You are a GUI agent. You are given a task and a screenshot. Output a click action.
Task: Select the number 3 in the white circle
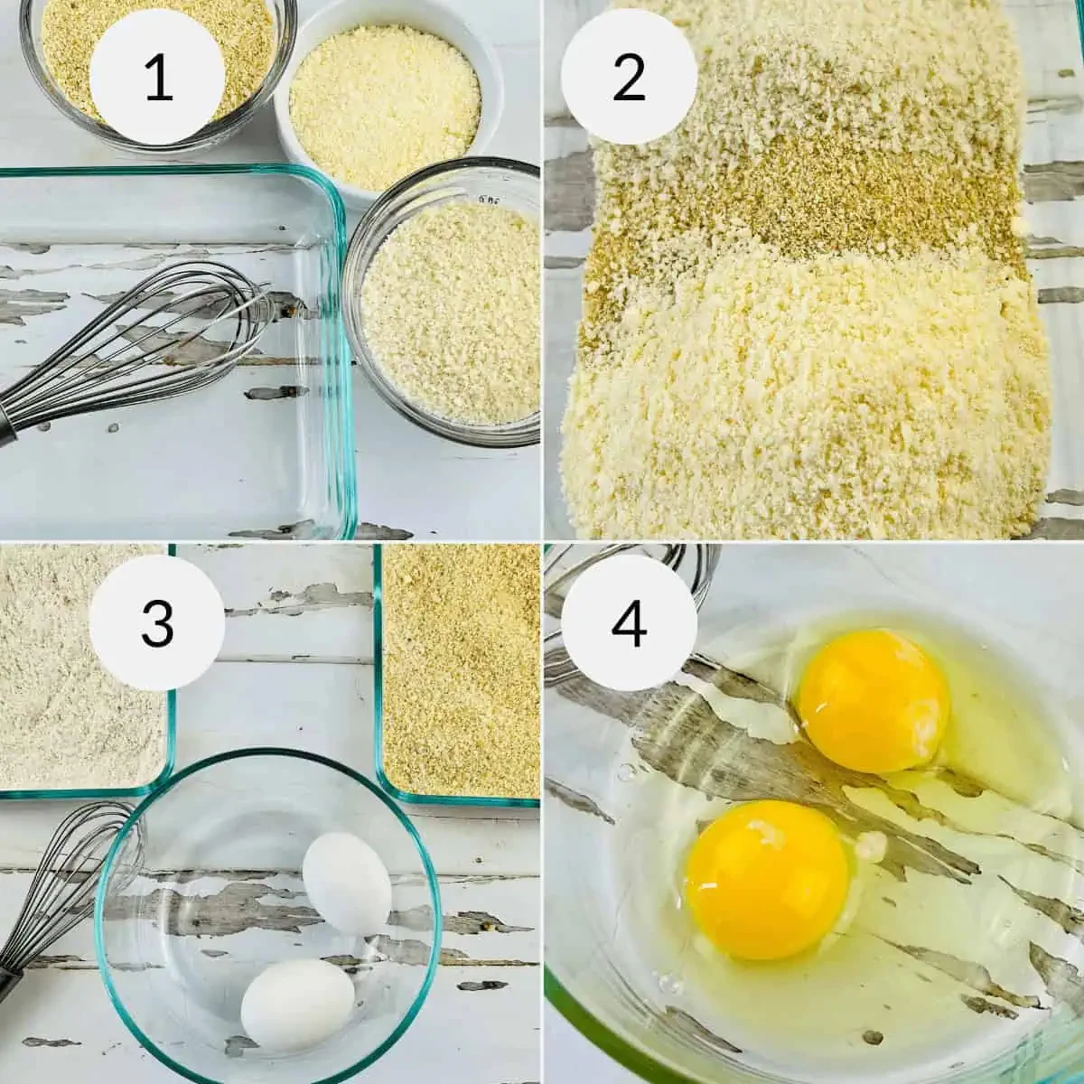click(158, 622)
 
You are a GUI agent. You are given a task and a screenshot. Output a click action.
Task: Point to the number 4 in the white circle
click(629, 622)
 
